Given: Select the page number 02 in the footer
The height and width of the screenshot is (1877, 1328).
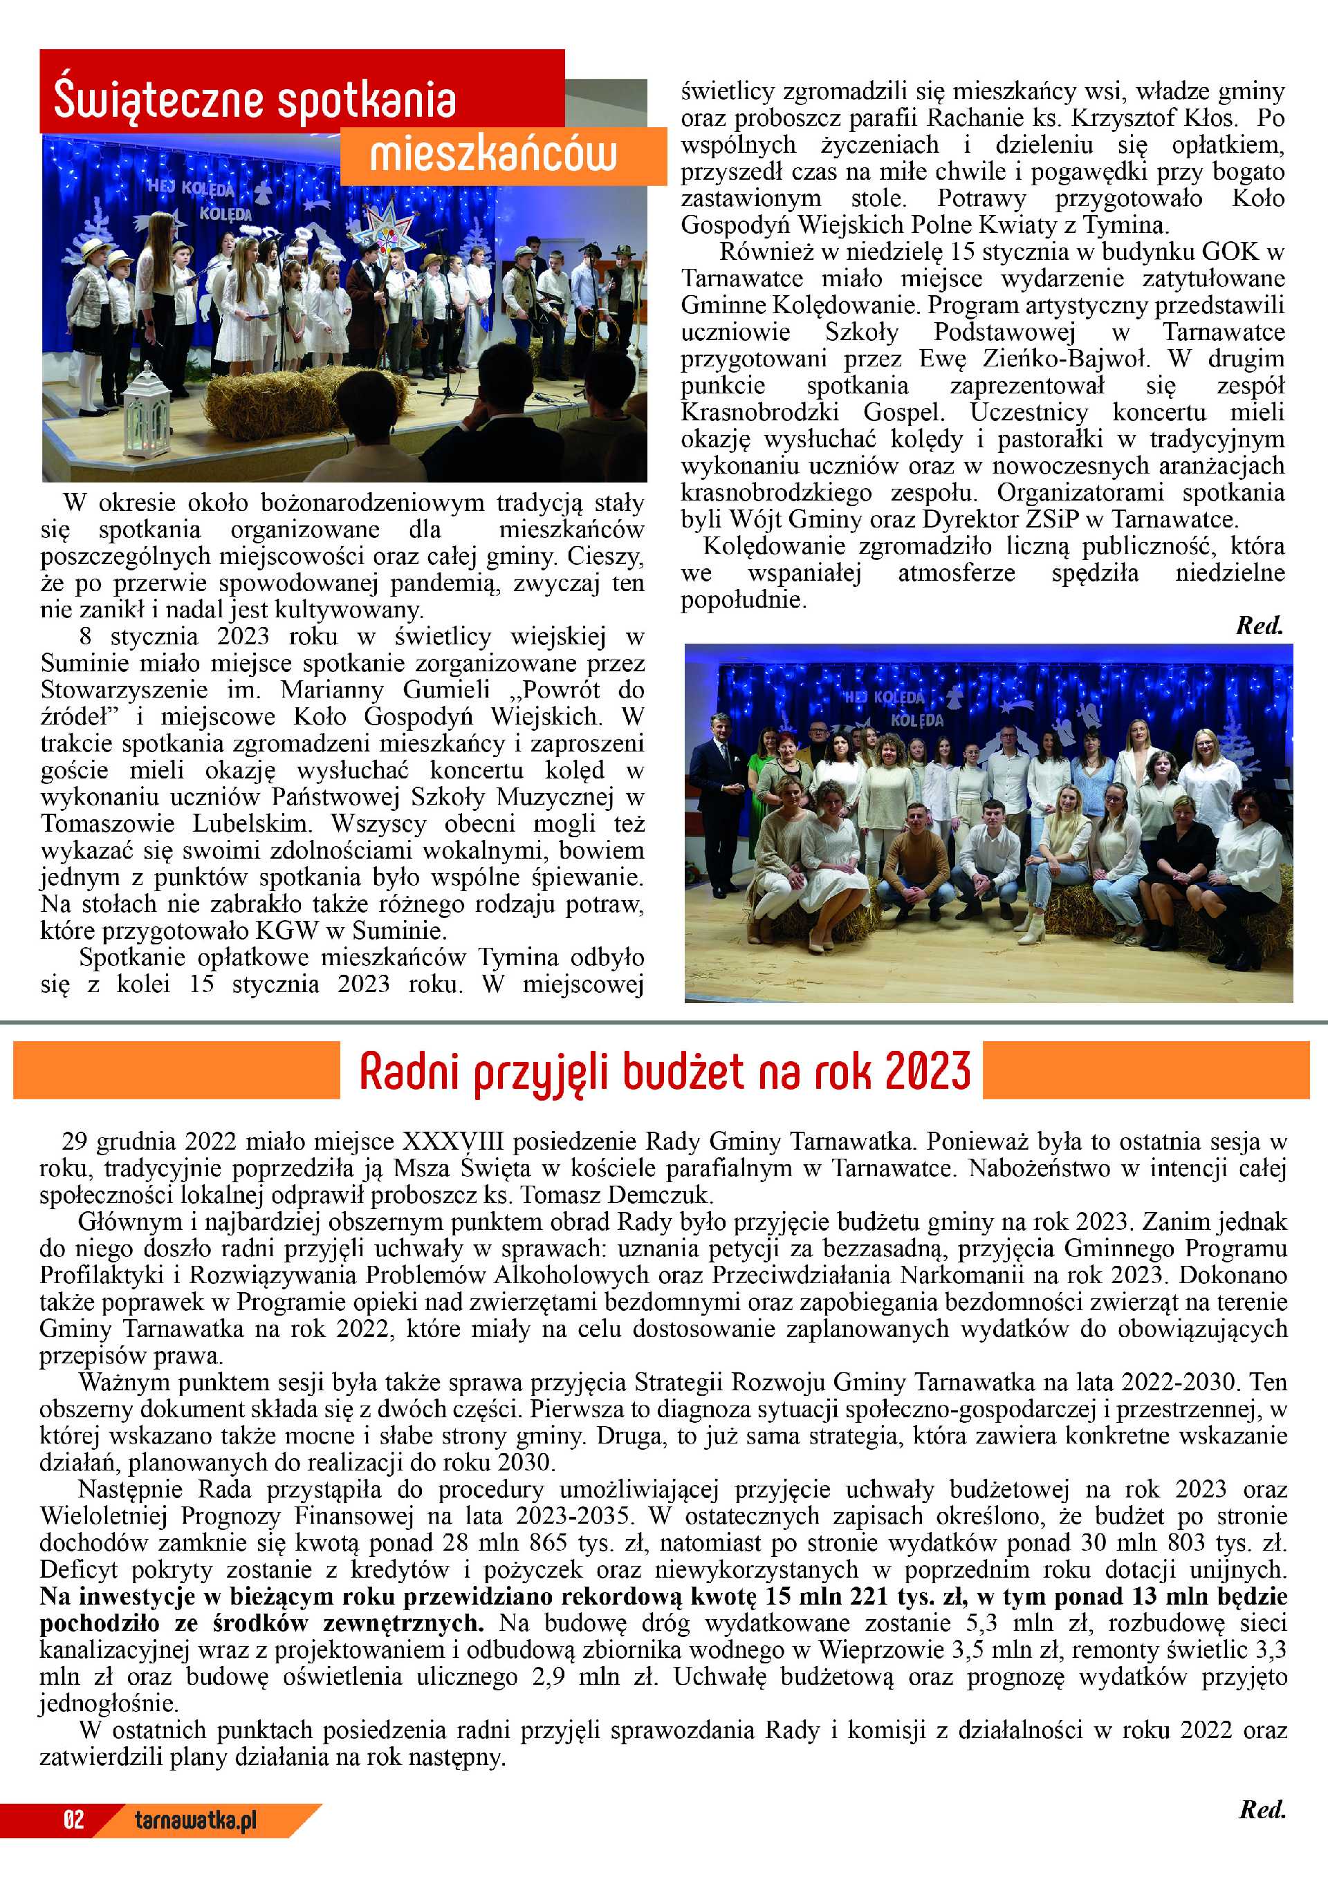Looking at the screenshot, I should coord(73,1820).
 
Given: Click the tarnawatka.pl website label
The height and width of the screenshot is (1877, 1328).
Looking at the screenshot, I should coord(196,1820).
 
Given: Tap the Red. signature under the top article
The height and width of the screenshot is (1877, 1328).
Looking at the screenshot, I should coord(1260,626).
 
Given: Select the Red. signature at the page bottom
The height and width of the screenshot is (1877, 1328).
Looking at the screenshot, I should coord(1262,1810).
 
